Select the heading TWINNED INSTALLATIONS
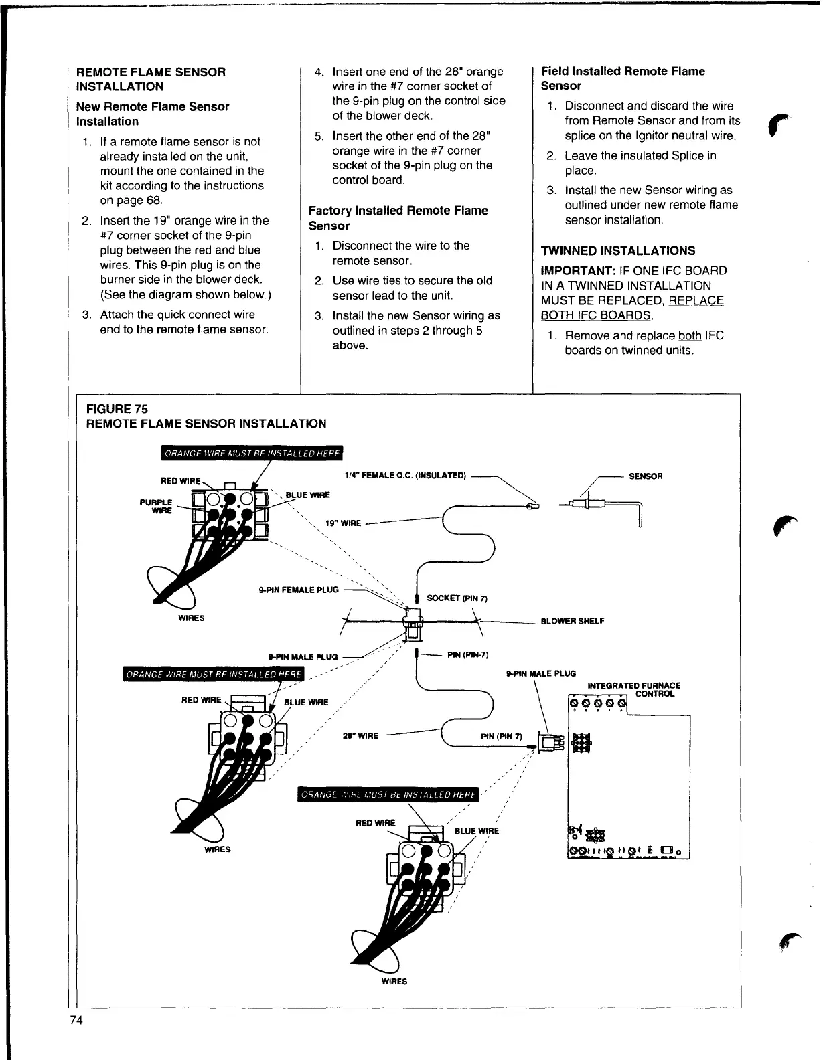tap(617, 251)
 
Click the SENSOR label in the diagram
tap(646, 476)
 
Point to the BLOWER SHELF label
tap(572, 621)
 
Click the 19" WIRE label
tap(343, 523)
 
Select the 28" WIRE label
tap(360, 736)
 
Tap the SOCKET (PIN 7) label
tap(457, 598)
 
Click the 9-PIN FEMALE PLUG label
tap(299, 590)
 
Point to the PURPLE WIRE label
tap(156, 506)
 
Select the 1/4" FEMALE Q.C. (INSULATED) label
tap(404, 476)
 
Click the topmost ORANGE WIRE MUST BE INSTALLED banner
tap(252, 454)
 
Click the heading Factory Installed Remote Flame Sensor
tap(398, 218)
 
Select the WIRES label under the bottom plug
tap(394, 982)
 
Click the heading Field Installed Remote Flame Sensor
tap(622, 78)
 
